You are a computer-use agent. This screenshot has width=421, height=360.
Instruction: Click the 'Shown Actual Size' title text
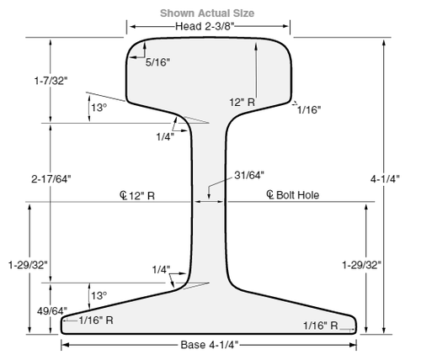click(x=207, y=13)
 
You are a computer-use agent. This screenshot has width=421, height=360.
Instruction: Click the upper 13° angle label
click(x=99, y=109)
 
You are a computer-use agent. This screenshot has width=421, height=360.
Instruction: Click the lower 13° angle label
click(x=99, y=295)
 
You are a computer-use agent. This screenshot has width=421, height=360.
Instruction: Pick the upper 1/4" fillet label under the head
click(x=166, y=135)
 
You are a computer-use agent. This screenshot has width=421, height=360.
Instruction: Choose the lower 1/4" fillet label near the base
click(x=160, y=270)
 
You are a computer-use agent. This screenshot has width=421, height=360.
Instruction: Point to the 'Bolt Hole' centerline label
click(x=298, y=195)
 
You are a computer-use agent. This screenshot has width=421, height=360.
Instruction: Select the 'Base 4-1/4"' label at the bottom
click(x=210, y=344)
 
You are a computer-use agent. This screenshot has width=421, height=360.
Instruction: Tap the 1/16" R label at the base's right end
click(x=321, y=326)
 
